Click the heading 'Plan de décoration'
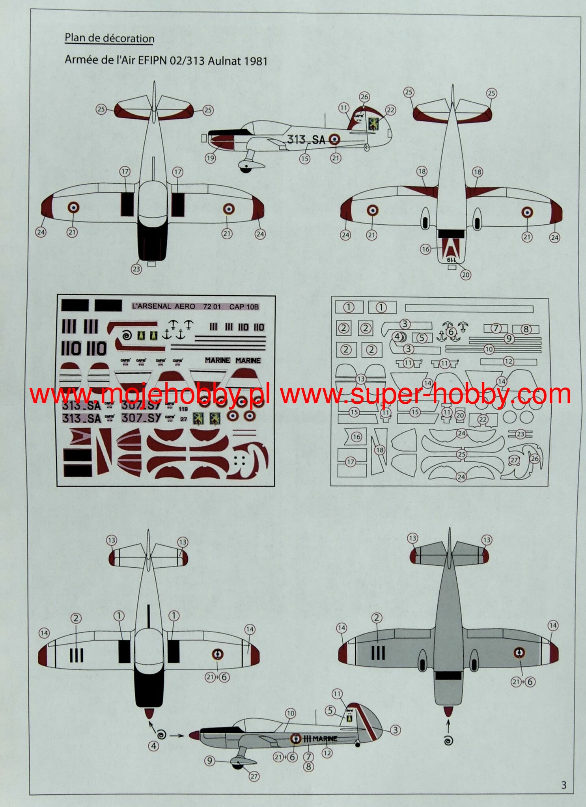pyautogui.click(x=109, y=38)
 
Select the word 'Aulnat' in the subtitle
pyautogui.click(x=224, y=61)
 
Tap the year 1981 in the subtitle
pyautogui.click(x=256, y=61)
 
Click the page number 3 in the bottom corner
pyautogui.click(x=564, y=785)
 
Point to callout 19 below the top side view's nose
pyautogui.click(x=210, y=158)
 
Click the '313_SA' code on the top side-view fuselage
pyautogui.click(x=306, y=140)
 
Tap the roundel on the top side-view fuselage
pyautogui.click(x=334, y=139)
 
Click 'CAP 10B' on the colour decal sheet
pyautogui.click(x=244, y=306)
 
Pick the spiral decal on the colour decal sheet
pyautogui.click(x=127, y=335)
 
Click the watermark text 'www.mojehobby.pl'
pyautogui.click(x=150, y=394)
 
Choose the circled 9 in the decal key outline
pyautogui.click(x=509, y=339)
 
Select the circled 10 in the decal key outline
pyautogui.click(x=489, y=349)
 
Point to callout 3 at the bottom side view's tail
pyautogui.click(x=395, y=730)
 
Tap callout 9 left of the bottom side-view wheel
pyautogui.click(x=209, y=760)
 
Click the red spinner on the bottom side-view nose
pyautogui.click(x=194, y=735)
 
